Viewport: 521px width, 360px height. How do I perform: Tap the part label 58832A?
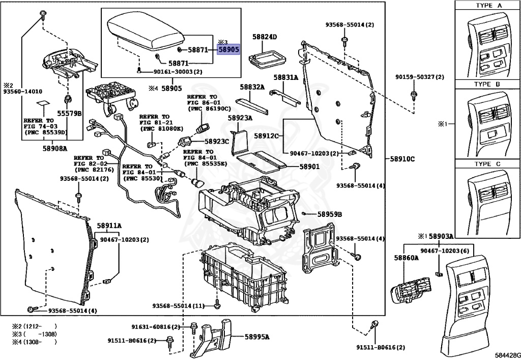[252, 88]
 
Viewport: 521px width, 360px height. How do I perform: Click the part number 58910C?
[402, 159]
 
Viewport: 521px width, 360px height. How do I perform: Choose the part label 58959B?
[330, 214]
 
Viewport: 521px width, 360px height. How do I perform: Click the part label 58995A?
[257, 337]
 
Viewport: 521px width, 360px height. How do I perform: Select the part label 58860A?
[406, 258]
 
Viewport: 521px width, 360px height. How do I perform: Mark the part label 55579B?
[69, 114]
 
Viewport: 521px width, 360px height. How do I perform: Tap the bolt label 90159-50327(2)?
[420, 77]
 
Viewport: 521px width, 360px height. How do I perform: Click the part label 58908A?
[54, 148]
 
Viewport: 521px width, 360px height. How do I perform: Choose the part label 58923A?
[240, 118]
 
